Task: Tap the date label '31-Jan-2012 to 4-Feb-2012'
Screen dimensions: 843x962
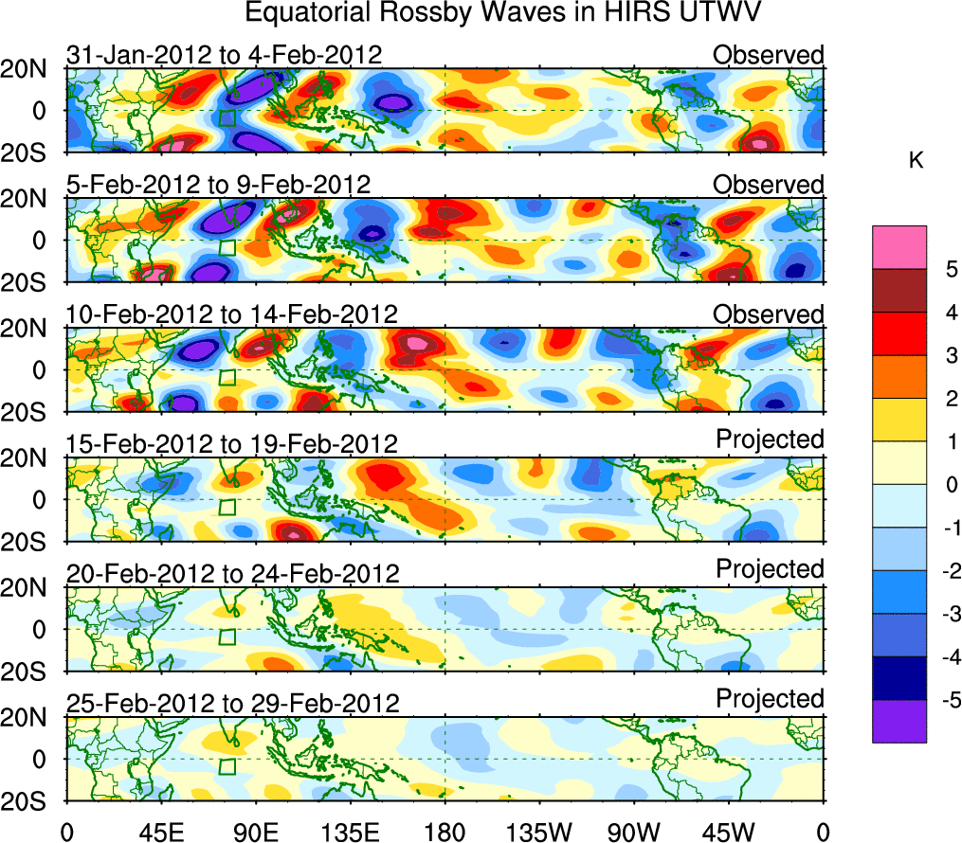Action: [224, 55]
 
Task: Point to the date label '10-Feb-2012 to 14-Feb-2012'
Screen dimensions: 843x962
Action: [230, 314]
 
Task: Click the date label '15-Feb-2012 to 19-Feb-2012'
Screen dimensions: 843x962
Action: [230, 443]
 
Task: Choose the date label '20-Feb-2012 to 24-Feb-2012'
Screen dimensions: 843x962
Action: [232, 573]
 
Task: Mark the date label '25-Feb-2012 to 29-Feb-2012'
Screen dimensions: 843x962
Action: [232, 703]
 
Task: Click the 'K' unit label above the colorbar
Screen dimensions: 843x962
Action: [916, 162]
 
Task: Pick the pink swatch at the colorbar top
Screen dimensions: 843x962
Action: [899, 247]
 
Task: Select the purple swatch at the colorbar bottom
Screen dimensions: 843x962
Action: [899, 721]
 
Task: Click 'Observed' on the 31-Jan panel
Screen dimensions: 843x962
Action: [769, 55]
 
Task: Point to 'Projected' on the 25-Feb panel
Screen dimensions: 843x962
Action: [770, 699]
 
